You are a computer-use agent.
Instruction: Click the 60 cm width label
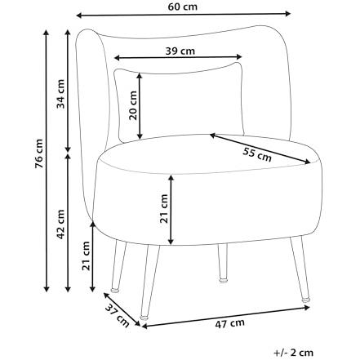pyautogui.click(x=182, y=7)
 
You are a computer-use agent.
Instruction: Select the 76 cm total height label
pyautogui.click(x=39, y=153)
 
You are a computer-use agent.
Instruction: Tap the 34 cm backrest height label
pyautogui.click(x=60, y=94)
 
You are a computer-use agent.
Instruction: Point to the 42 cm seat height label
pyautogui.click(x=60, y=224)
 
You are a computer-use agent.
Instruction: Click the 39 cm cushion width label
pyautogui.click(x=180, y=51)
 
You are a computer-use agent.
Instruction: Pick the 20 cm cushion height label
pyautogui.click(x=133, y=105)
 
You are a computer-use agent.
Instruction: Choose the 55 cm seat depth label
pyautogui.click(x=257, y=154)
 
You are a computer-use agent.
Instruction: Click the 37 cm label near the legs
pyautogui.click(x=118, y=316)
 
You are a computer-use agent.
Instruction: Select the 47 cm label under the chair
pyautogui.click(x=230, y=323)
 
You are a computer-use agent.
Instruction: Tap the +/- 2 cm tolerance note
pyautogui.click(x=294, y=353)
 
